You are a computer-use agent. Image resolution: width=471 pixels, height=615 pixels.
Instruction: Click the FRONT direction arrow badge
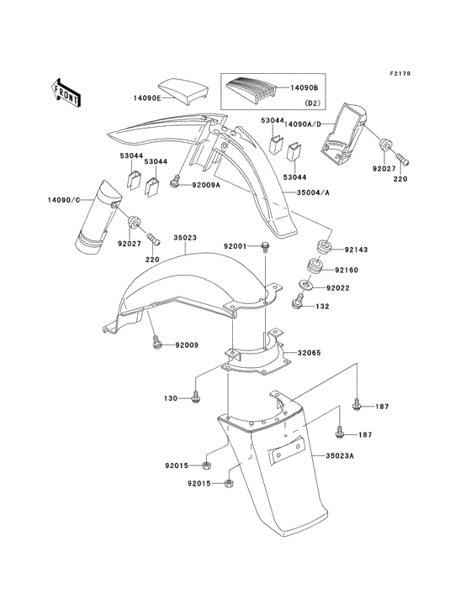click(66, 92)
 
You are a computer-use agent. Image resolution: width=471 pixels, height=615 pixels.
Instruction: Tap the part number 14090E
click(149, 97)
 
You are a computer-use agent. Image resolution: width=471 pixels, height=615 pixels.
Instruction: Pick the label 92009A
click(206, 185)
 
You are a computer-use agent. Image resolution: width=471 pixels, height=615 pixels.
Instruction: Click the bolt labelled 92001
click(265, 247)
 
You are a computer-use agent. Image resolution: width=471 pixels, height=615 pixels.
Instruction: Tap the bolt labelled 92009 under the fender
click(156, 343)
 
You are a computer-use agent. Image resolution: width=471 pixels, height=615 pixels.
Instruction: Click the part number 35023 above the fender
click(185, 238)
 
